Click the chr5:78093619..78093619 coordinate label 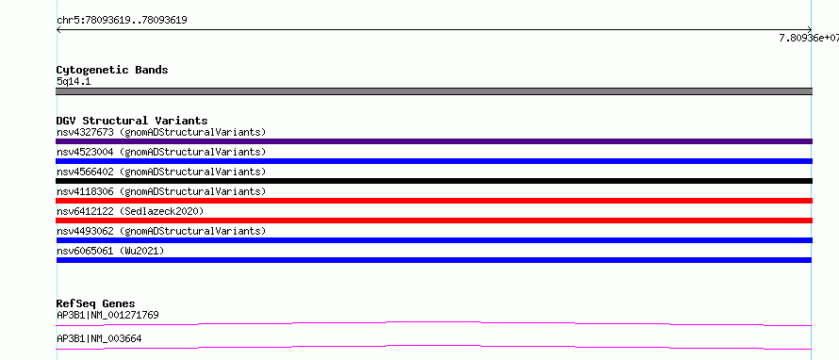coord(122,21)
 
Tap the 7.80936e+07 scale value coord(809,38)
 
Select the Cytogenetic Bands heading coord(112,70)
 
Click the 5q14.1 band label coord(74,82)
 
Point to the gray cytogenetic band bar coord(434,91)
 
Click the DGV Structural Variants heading coord(132,121)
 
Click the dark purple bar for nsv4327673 coord(434,141)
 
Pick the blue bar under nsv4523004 coord(434,161)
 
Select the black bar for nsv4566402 coord(434,181)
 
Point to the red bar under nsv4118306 coord(434,201)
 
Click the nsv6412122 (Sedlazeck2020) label coord(130,211)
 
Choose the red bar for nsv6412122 coord(434,221)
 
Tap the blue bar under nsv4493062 coord(434,240)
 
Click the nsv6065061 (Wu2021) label coord(110,251)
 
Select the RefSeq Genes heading coord(96,303)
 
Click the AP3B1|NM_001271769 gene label coord(107,315)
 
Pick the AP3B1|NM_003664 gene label coord(99,339)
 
